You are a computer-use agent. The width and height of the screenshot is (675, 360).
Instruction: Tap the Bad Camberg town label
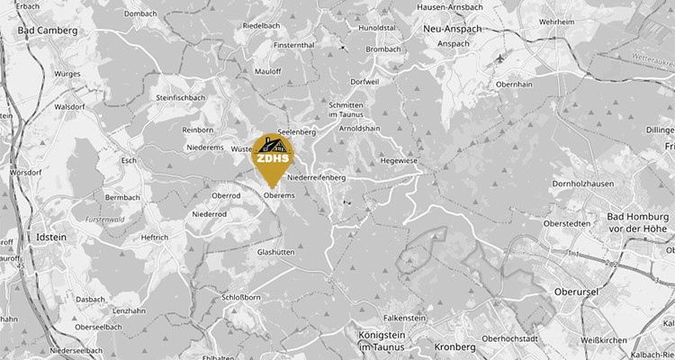48,30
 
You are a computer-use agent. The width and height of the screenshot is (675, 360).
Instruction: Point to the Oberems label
280,193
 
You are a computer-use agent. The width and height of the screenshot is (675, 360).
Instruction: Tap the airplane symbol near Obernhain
500,58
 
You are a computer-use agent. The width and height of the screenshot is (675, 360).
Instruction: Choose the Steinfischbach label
184,97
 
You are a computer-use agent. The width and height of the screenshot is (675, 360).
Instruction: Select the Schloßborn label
240,296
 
